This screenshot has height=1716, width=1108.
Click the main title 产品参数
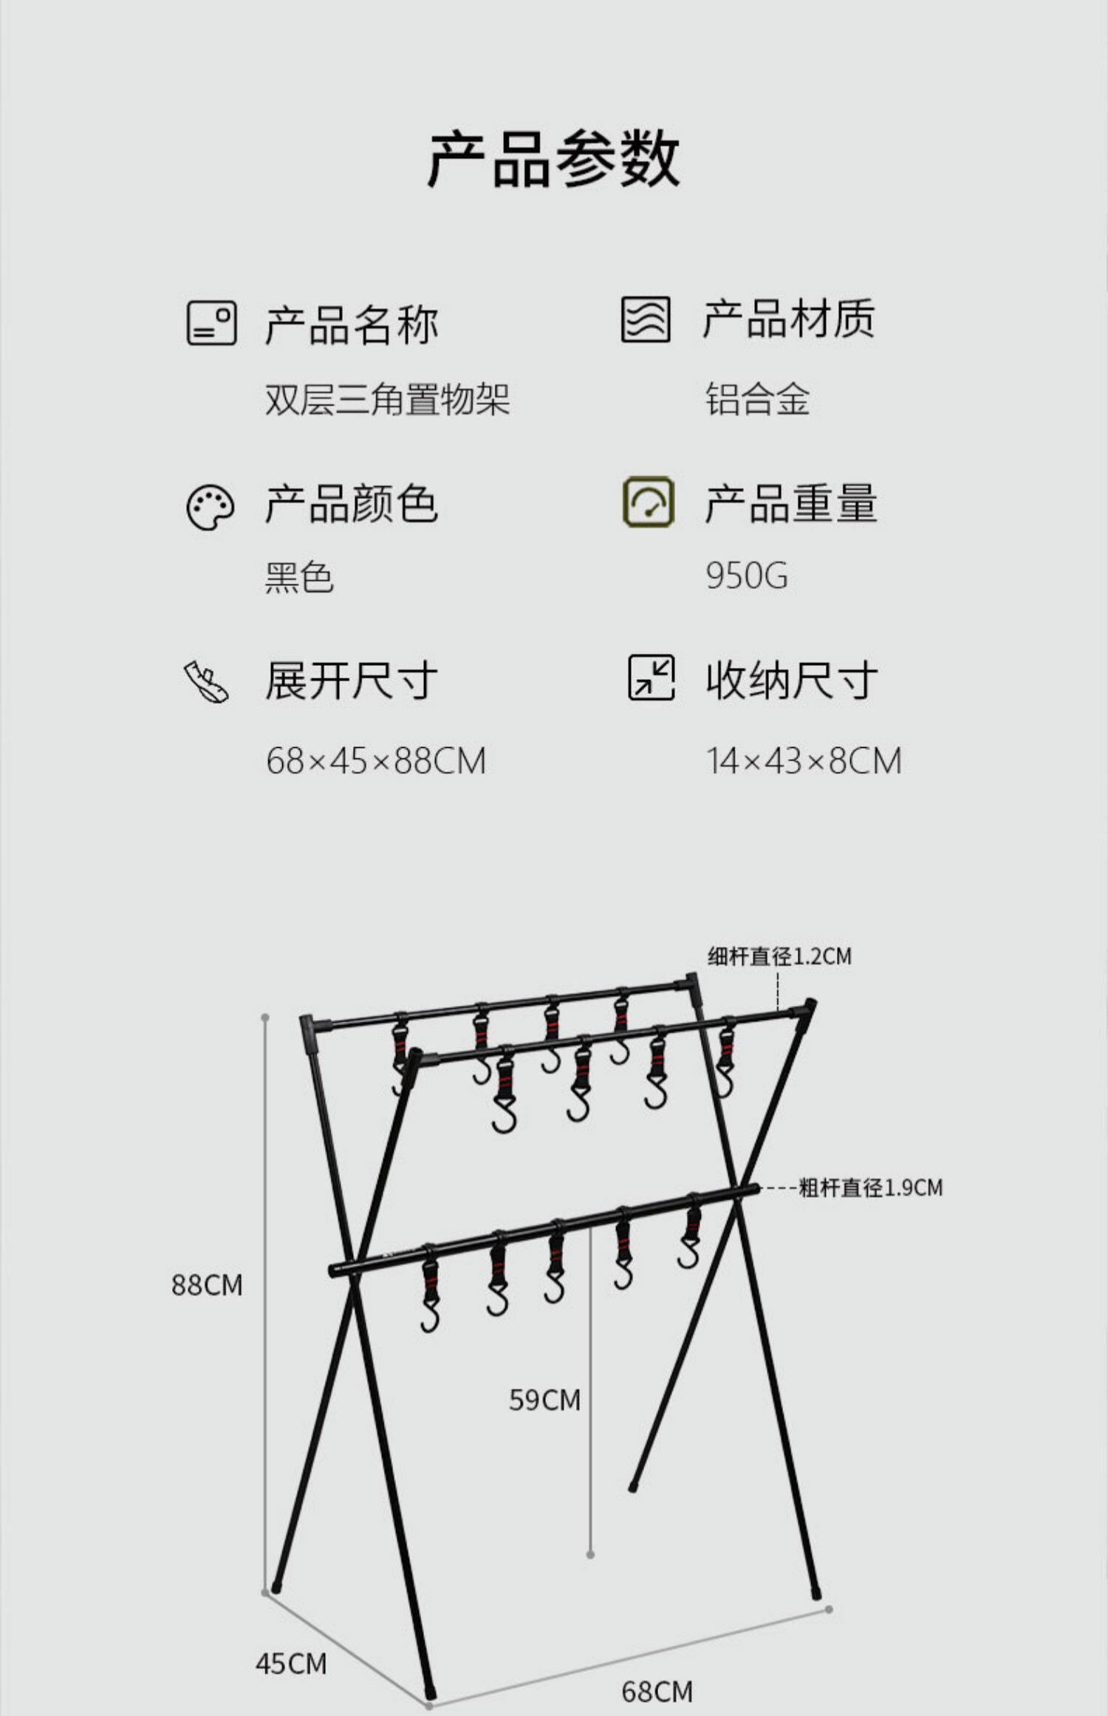pos(553,158)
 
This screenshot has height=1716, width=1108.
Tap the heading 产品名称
pos(352,324)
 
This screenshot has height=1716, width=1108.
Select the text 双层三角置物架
pos(387,400)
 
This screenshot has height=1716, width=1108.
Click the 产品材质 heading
pos(788,319)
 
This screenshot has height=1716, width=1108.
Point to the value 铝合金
pos(757,400)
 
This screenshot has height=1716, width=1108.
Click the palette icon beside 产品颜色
pos(211,508)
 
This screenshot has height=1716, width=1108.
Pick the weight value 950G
pos(746,576)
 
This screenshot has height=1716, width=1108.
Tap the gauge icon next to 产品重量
pos(648,502)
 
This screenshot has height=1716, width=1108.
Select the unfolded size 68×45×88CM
pos(376,760)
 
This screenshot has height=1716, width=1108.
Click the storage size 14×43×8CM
pos(804,760)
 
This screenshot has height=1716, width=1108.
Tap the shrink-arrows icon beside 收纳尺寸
pos(651,677)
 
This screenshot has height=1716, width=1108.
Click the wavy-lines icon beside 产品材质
pos(646,319)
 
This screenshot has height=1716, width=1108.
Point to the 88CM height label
pos(207,1285)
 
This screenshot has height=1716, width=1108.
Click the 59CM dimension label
pos(544,1400)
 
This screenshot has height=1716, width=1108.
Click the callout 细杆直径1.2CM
pos(779,956)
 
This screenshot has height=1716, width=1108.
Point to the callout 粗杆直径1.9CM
pos(871,1188)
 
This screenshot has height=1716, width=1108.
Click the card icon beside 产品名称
pos(211,323)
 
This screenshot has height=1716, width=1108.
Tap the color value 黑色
pos(299,576)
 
